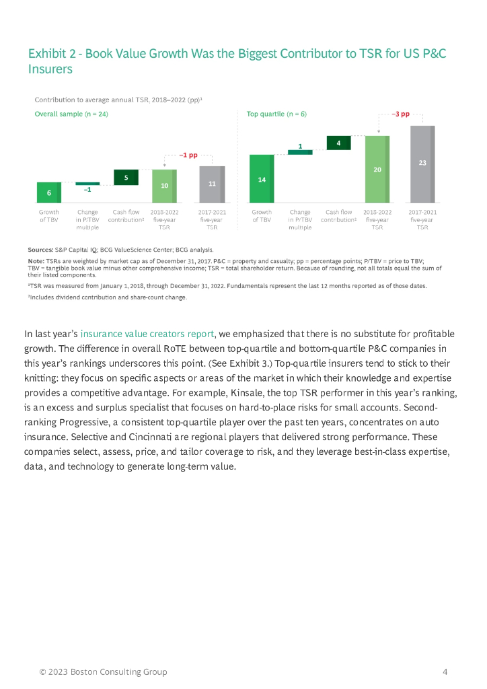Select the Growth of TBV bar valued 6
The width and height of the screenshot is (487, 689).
point(48,192)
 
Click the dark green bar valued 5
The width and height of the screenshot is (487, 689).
point(126,177)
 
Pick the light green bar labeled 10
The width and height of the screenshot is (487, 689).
point(164,186)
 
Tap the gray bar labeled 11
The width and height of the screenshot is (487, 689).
point(212,184)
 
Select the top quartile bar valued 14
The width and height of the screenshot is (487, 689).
point(261,179)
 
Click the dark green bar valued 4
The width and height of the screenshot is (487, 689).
point(338,143)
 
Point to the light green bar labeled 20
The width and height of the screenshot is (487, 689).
point(377,169)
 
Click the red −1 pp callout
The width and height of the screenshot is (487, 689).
point(188,155)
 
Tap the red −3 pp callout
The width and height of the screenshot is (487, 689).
point(400,114)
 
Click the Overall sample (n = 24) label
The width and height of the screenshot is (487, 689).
point(71,114)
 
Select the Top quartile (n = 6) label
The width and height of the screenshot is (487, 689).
point(276,114)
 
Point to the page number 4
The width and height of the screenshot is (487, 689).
point(445,672)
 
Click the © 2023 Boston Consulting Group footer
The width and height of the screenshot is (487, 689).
point(103,672)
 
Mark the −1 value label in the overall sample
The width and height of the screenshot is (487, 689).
point(87,190)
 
